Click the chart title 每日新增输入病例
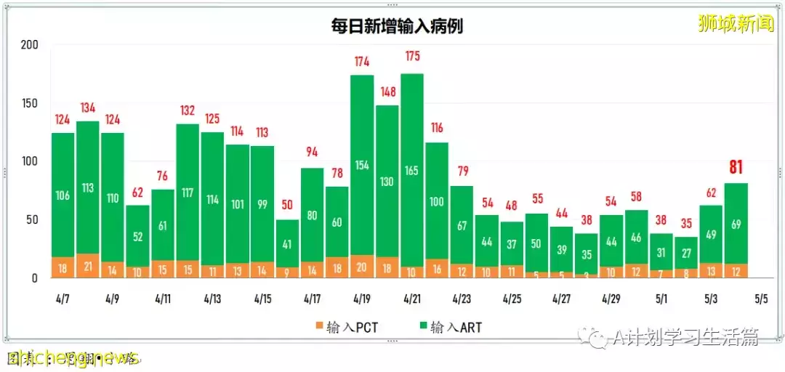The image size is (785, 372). click(397, 27)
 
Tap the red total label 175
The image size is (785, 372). click(411, 57)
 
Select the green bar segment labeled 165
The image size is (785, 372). click(411, 171)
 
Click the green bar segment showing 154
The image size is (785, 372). click(362, 166)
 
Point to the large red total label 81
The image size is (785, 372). click(736, 168)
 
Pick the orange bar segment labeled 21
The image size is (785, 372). click(88, 266)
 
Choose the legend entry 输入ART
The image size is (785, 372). click(448, 328)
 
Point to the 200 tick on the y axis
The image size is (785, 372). click(29, 45)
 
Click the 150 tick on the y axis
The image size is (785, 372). click(29, 103)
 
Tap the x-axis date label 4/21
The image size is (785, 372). click(411, 299)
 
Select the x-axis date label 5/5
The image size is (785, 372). click(761, 299)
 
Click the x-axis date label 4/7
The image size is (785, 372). click(63, 299)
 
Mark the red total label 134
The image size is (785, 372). click(88, 108)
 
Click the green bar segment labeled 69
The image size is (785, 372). click(736, 224)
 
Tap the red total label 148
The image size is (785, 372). click(387, 92)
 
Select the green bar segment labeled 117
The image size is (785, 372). click(188, 193)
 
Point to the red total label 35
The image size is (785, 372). click(685, 224)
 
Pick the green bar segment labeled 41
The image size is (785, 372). click(287, 244)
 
